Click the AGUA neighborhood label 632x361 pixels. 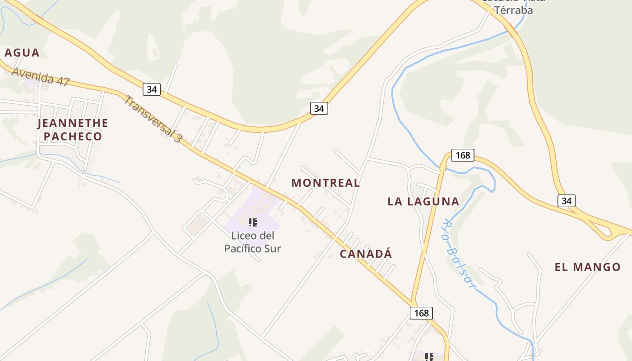(x=22, y=53)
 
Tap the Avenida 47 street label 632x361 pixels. (x=41, y=77)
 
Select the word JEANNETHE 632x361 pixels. (x=73, y=123)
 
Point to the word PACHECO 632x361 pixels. (x=73, y=136)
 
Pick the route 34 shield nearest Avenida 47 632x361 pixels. (x=152, y=89)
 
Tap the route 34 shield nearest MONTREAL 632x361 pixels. (x=319, y=108)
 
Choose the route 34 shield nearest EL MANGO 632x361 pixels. (x=566, y=200)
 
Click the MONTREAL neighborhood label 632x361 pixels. (x=325, y=183)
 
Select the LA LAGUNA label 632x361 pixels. (x=423, y=201)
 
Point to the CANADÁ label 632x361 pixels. (x=366, y=254)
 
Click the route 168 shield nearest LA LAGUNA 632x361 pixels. (x=463, y=155)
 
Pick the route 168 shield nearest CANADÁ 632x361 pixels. (x=421, y=313)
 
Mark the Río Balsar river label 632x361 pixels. (x=458, y=253)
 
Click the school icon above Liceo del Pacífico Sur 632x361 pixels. (x=253, y=222)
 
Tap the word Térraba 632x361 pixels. (x=513, y=10)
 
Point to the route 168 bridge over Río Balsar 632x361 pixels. (x=443, y=167)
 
